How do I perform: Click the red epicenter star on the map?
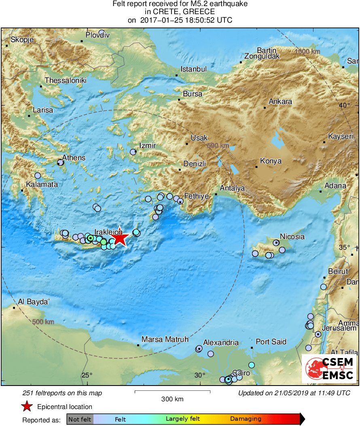point(120,238)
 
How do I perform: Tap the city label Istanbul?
point(193,69)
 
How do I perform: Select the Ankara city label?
point(280,102)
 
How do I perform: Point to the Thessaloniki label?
point(66,81)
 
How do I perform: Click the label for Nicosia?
point(292,236)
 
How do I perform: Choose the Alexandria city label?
point(221,343)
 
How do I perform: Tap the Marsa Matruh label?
point(165,339)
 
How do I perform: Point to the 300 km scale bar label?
point(172,399)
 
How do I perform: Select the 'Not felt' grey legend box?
point(80,419)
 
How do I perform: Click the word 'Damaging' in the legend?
point(246,419)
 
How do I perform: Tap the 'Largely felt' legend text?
point(183,419)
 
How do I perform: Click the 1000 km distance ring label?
point(307,51)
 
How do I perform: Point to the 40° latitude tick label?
point(345,106)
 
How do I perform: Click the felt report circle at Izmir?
point(133,152)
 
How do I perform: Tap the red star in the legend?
point(27,407)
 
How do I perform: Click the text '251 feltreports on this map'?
point(62,393)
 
